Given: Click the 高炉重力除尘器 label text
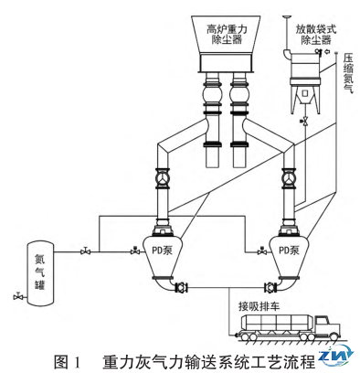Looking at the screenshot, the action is click(x=227, y=35).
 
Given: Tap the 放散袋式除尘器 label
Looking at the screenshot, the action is click(x=316, y=35).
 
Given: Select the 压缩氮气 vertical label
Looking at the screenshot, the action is click(x=348, y=73).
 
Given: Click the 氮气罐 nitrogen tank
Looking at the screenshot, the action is click(x=40, y=273).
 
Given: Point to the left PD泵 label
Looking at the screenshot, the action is click(x=162, y=250).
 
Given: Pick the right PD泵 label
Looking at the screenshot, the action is click(x=289, y=250).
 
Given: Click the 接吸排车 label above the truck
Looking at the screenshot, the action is click(x=259, y=306).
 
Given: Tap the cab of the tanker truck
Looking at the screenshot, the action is click(x=327, y=326).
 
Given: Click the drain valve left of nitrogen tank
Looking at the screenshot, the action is click(x=18, y=295).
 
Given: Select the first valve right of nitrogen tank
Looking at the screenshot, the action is click(x=85, y=250).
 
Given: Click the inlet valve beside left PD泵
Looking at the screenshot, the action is click(x=135, y=250).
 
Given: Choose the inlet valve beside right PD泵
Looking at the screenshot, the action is click(x=262, y=250).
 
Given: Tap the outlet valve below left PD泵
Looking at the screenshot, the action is click(x=182, y=287).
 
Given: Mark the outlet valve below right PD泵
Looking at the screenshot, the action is click(x=270, y=287).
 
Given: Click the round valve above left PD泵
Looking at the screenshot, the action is click(x=163, y=178).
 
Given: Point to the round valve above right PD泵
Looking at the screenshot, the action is click(x=290, y=178).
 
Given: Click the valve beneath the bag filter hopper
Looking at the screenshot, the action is click(x=304, y=121).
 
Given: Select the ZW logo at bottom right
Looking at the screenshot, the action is click(x=337, y=356).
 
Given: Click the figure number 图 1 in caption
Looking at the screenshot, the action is click(x=68, y=362).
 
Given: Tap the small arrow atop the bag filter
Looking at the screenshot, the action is click(x=328, y=51).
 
